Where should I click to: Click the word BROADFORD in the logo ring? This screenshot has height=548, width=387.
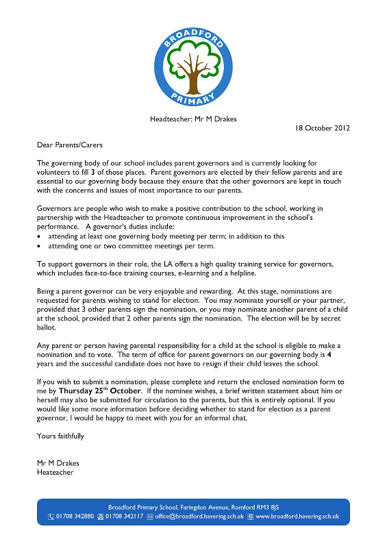(x=194, y=27)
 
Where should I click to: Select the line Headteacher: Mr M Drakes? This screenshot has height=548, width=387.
(x=194, y=119)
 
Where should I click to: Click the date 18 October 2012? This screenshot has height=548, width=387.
(x=322, y=128)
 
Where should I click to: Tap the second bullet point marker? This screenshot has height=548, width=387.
(x=40, y=245)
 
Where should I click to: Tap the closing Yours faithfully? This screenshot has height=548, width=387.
(x=62, y=435)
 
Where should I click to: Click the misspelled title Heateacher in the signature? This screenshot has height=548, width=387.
(x=55, y=471)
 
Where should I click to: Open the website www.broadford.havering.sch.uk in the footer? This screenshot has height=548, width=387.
(x=297, y=516)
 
